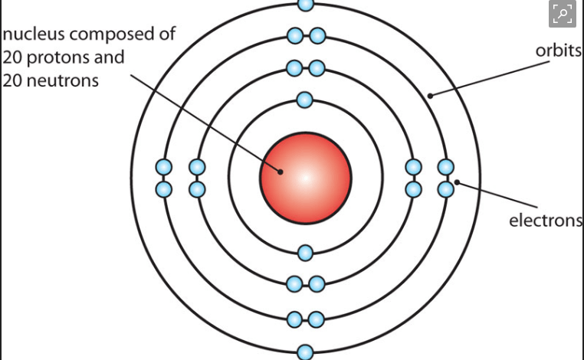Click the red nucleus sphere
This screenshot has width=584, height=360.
point(305,178)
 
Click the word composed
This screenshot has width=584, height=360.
point(120,35)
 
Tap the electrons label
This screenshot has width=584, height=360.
point(546,221)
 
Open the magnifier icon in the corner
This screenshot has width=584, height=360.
point(562,14)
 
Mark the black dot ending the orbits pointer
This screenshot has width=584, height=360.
point(431,96)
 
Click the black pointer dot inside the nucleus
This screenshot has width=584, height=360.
point(281,172)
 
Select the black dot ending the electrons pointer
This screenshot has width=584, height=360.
point(458,182)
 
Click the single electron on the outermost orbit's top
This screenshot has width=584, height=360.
point(305,4)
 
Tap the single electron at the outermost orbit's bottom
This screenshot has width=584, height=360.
point(305,352)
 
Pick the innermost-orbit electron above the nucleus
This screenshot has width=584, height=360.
point(305,100)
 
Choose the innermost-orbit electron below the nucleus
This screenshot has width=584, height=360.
point(305,253)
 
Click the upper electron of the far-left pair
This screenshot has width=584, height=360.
point(163,167)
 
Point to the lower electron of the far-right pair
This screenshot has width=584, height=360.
point(446,188)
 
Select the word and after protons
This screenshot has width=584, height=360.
point(109,57)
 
